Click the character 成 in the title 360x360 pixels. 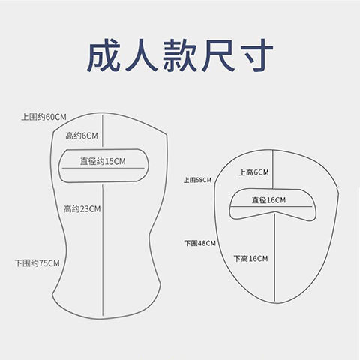pos(103,55)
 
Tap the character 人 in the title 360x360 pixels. pos(141,55)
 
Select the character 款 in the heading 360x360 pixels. pos(179,55)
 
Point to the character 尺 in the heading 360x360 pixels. pos(218,55)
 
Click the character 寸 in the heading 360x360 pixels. pos(256,55)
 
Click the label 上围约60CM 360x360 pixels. pos(43,117)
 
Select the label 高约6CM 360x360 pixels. pos(82,136)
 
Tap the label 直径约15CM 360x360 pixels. pos(103,161)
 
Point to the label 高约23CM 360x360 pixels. pos(82,209)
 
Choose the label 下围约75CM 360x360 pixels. pos(37,263)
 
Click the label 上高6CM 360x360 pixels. pos(253,172)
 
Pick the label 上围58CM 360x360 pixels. pos(197,180)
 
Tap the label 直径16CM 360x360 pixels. pos(268,200)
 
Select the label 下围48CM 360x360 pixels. pos(200,243)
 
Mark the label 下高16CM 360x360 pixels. pos(250,258)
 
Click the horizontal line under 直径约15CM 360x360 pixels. pos(103,168)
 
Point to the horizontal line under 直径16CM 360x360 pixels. pos(271,207)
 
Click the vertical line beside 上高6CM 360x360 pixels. pos(273,169)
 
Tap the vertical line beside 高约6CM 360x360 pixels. pos(103,131)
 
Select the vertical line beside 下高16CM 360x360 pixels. pos(274,257)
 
